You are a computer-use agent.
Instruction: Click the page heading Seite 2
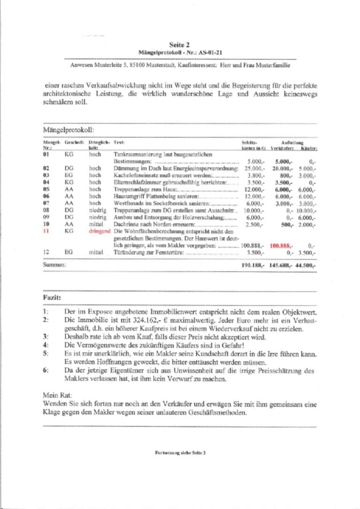(x=180, y=45)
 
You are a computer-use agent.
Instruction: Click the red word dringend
(x=99, y=231)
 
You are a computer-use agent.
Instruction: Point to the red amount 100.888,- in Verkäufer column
(x=281, y=245)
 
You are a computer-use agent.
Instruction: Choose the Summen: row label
(x=54, y=265)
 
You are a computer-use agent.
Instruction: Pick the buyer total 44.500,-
(x=306, y=265)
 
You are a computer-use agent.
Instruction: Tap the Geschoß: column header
(x=74, y=142)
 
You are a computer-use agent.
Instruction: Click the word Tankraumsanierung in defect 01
(x=134, y=154)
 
